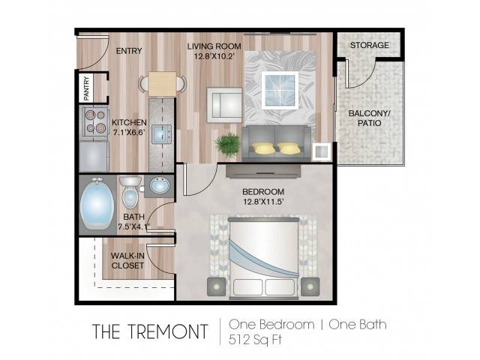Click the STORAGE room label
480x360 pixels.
click(370, 45)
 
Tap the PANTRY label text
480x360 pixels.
click(87, 88)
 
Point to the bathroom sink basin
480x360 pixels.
click(160, 185)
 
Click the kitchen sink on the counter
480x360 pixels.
click(162, 135)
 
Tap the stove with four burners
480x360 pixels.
click(94, 121)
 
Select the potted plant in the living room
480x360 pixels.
click(227, 145)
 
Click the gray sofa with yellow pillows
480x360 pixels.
click(277, 143)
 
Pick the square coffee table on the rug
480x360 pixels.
click(280, 90)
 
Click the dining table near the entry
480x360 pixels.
click(162, 83)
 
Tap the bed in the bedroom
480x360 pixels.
click(263, 258)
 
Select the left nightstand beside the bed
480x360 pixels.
click(217, 286)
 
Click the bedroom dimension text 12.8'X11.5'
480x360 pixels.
click(263, 202)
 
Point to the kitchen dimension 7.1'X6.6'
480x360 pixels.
click(128, 133)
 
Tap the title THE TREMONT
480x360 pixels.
click(150, 331)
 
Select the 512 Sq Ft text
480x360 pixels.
click(255, 340)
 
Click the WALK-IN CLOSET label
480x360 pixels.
click(127, 260)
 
